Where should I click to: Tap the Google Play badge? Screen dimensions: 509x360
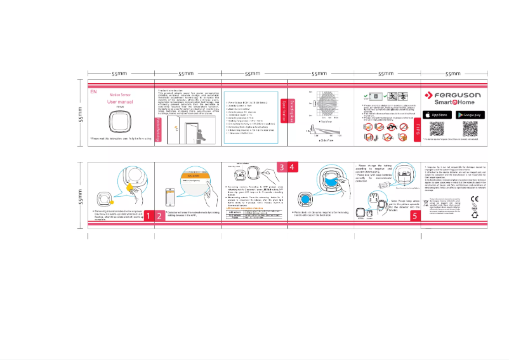tap(470, 114)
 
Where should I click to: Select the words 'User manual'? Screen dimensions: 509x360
tap(120, 102)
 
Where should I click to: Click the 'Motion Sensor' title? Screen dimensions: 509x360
tap(120, 94)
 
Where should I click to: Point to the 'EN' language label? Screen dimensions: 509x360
tap(94, 91)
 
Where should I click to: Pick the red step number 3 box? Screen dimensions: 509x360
tap(281, 166)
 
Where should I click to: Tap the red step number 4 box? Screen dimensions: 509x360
tap(293, 166)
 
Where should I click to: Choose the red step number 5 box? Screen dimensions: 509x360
tap(414, 216)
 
